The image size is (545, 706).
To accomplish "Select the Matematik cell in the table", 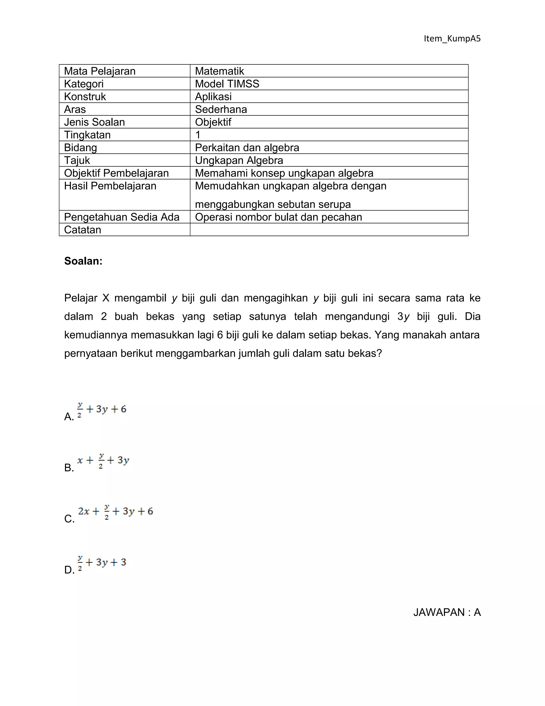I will [x=220, y=71].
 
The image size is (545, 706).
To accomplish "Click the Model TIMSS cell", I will [x=227, y=84].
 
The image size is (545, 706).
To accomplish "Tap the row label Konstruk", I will [x=85, y=96].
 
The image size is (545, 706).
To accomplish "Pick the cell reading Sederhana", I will [x=221, y=109].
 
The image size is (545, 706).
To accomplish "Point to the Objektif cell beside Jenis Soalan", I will [x=213, y=122].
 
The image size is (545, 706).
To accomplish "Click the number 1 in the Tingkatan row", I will [x=198, y=135].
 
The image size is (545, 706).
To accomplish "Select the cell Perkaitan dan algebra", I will [x=247, y=147].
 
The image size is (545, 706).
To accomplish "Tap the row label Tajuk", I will [x=77, y=160].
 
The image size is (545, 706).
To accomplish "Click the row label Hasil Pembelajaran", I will [x=110, y=186].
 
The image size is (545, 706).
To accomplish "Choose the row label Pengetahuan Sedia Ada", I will [x=122, y=217].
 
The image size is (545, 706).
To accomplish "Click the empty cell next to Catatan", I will [x=329, y=229].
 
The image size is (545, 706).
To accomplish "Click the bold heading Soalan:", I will [x=83, y=261].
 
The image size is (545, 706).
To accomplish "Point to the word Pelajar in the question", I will [x=81, y=298].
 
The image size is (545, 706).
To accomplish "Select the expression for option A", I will [x=102, y=410].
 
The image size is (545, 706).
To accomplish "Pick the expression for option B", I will [x=103, y=461].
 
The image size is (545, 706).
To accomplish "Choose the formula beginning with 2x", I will [x=115, y=512].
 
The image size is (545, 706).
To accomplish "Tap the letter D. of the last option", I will [x=69, y=570].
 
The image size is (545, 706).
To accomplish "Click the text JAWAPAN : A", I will [x=447, y=612].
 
